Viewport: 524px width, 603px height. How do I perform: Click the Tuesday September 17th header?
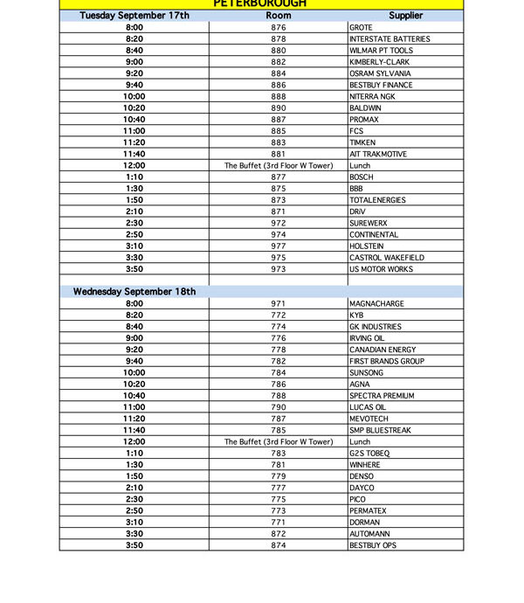(134, 16)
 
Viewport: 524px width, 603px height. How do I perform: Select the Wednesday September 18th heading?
(134, 292)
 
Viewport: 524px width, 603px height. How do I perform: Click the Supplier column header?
(405, 16)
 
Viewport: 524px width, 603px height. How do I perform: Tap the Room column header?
(279, 16)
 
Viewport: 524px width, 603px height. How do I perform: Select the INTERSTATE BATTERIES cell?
(390, 39)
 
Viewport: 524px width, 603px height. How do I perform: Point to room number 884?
(279, 73)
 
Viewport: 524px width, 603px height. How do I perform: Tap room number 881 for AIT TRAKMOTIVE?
(279, 154)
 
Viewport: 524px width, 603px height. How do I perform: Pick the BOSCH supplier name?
(361, 177)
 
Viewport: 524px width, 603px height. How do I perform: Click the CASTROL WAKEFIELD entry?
(387, 258)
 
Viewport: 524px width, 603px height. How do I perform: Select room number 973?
(279, 269)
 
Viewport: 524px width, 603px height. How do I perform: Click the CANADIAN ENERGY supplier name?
(383, 350)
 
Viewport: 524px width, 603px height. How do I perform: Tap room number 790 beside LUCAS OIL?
(279, 407)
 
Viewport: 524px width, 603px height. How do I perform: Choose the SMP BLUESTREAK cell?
(381, 430)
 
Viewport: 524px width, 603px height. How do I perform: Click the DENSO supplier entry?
(361, 476)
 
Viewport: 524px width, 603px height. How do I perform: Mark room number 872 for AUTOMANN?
(279, 534)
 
